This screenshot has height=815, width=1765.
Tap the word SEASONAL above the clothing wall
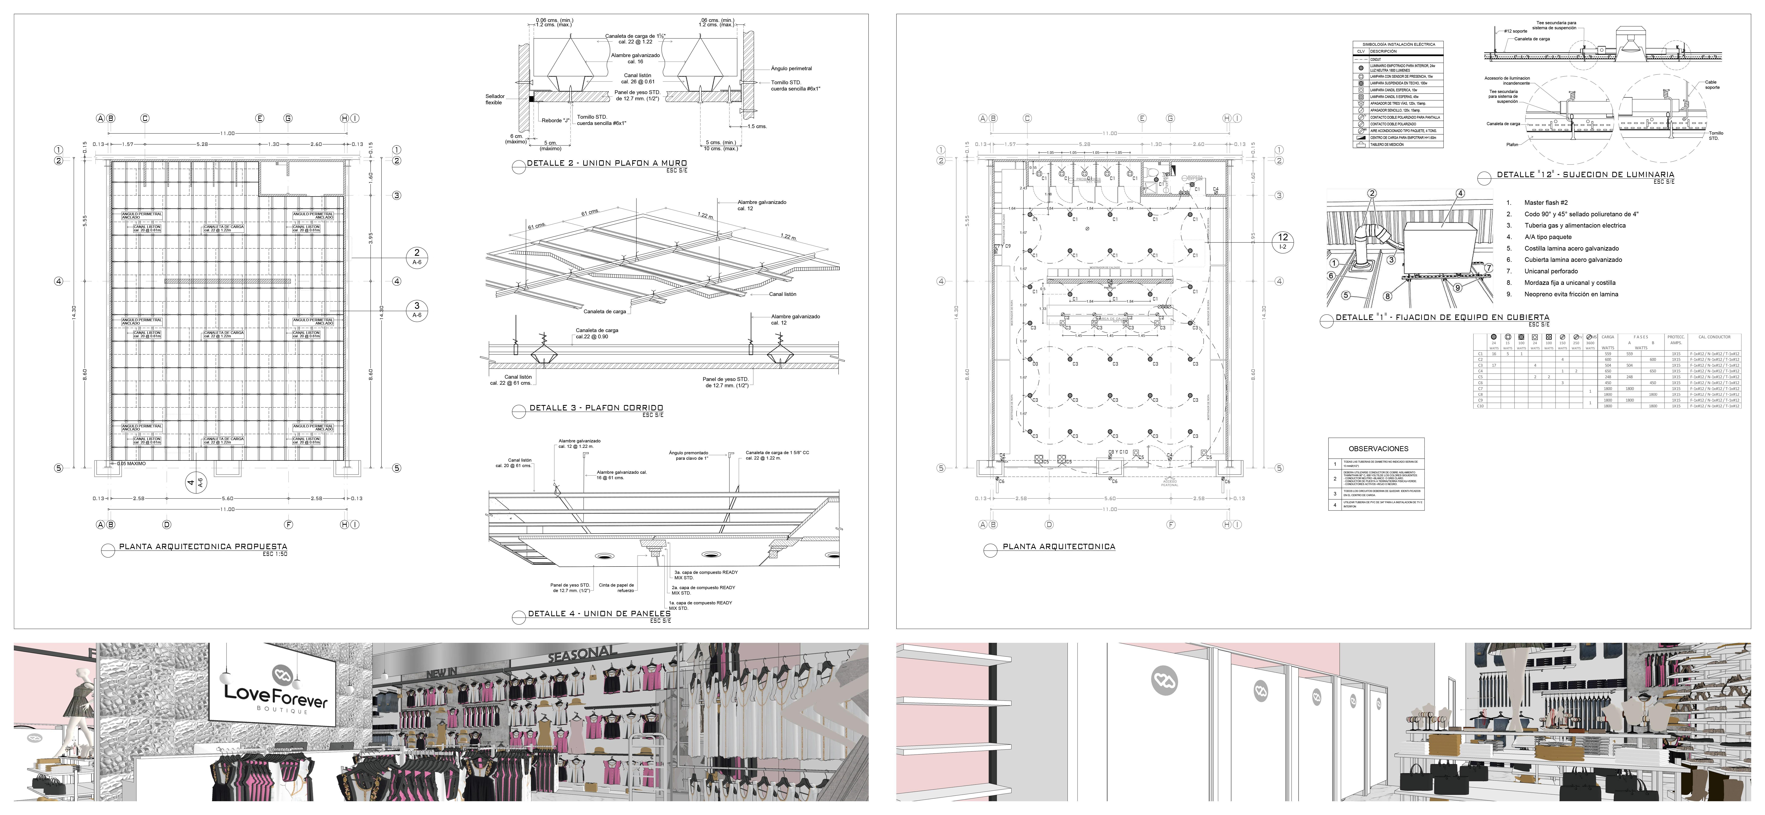[x=582, y=654]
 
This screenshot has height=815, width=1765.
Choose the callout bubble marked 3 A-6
[x=417, y=309]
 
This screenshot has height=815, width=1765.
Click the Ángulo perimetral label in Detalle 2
[x=791, y=69]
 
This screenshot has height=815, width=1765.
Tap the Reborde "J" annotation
[x=556, y=121]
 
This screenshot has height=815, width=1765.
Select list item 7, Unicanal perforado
[x=1550, y=271]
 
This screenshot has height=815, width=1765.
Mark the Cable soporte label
[x=1711, y=85]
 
